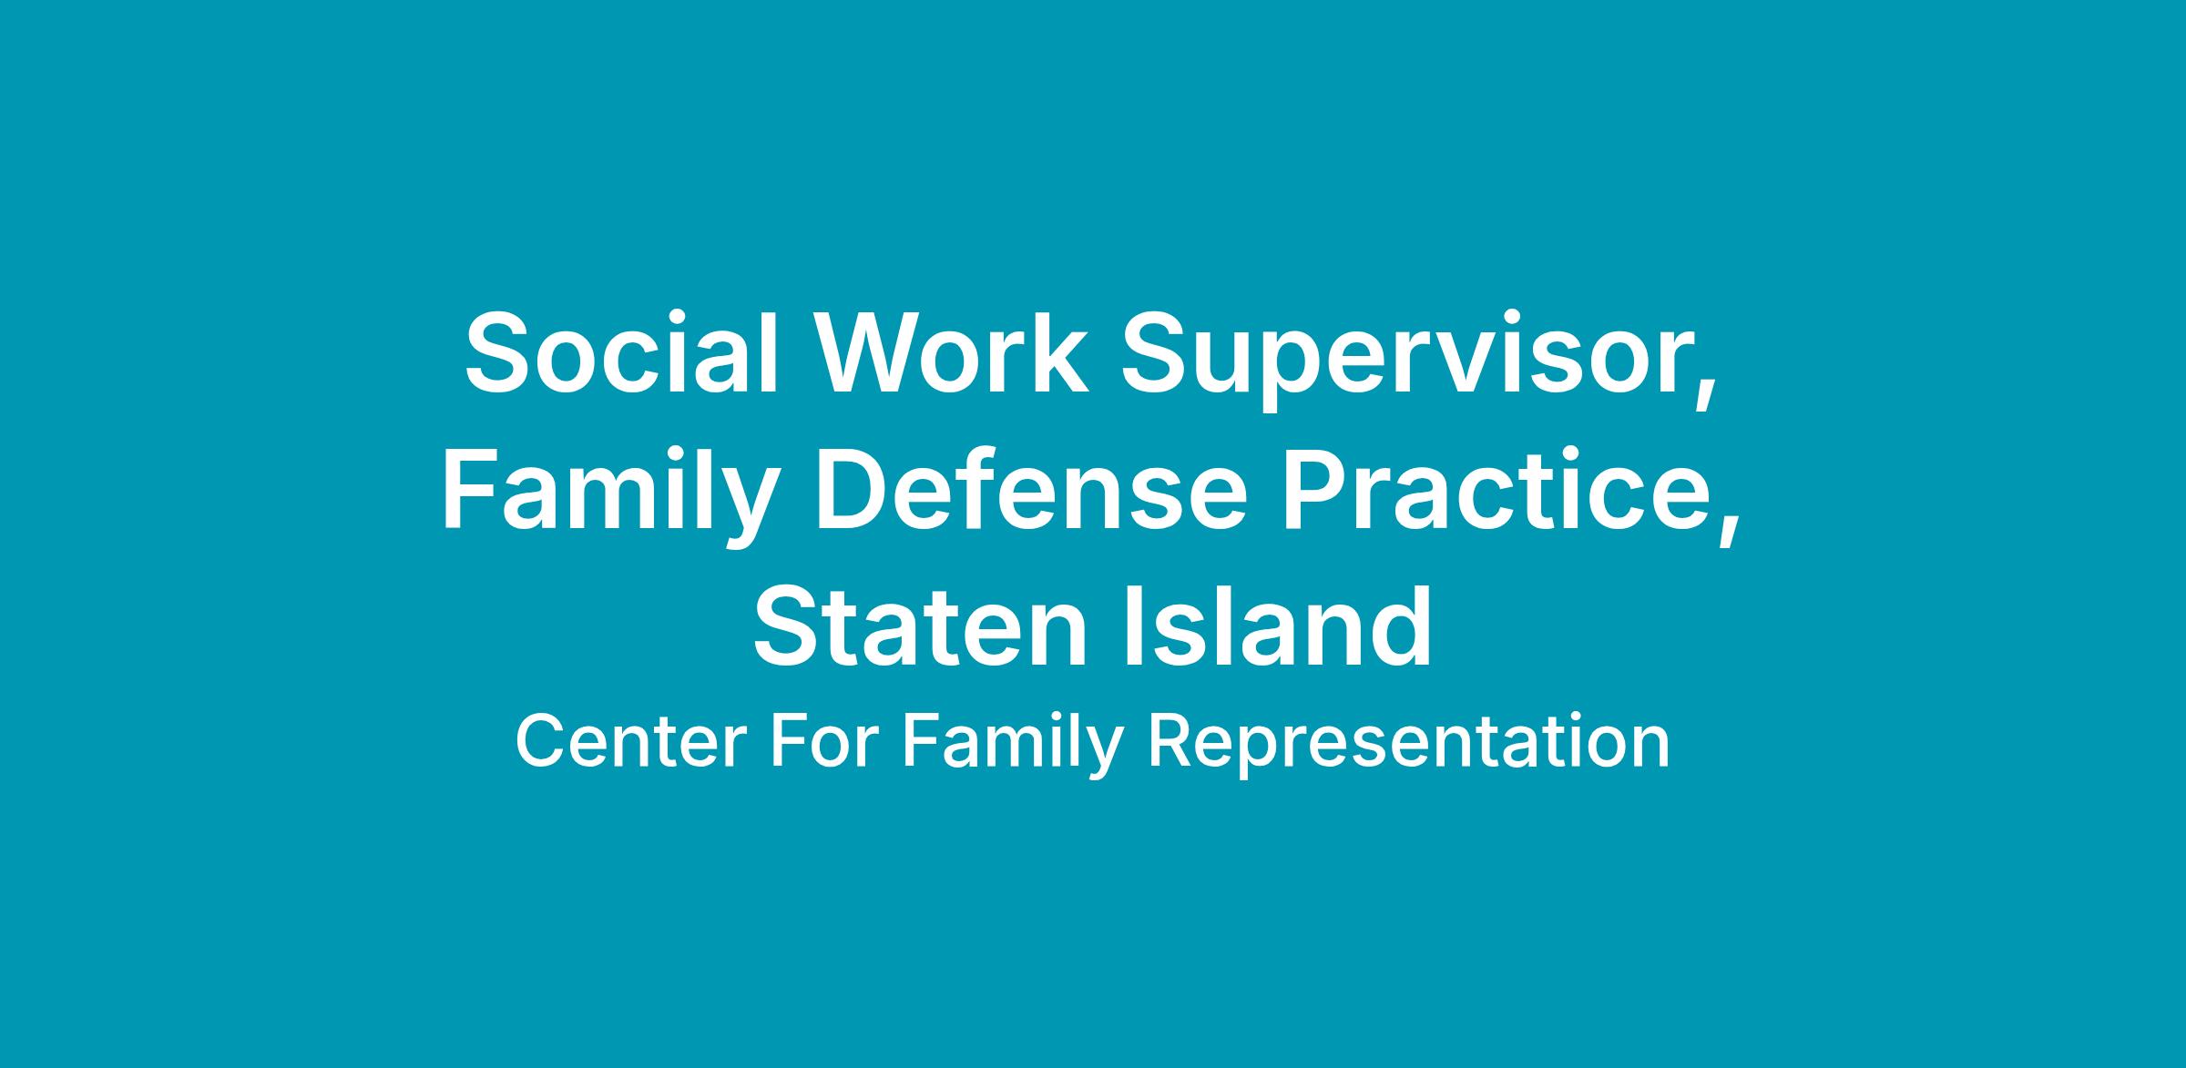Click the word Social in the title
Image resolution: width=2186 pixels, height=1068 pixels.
coord(622,353)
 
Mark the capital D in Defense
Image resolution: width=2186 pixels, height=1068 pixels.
coord(853,490)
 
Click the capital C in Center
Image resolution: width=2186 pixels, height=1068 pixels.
coord(541,742)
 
